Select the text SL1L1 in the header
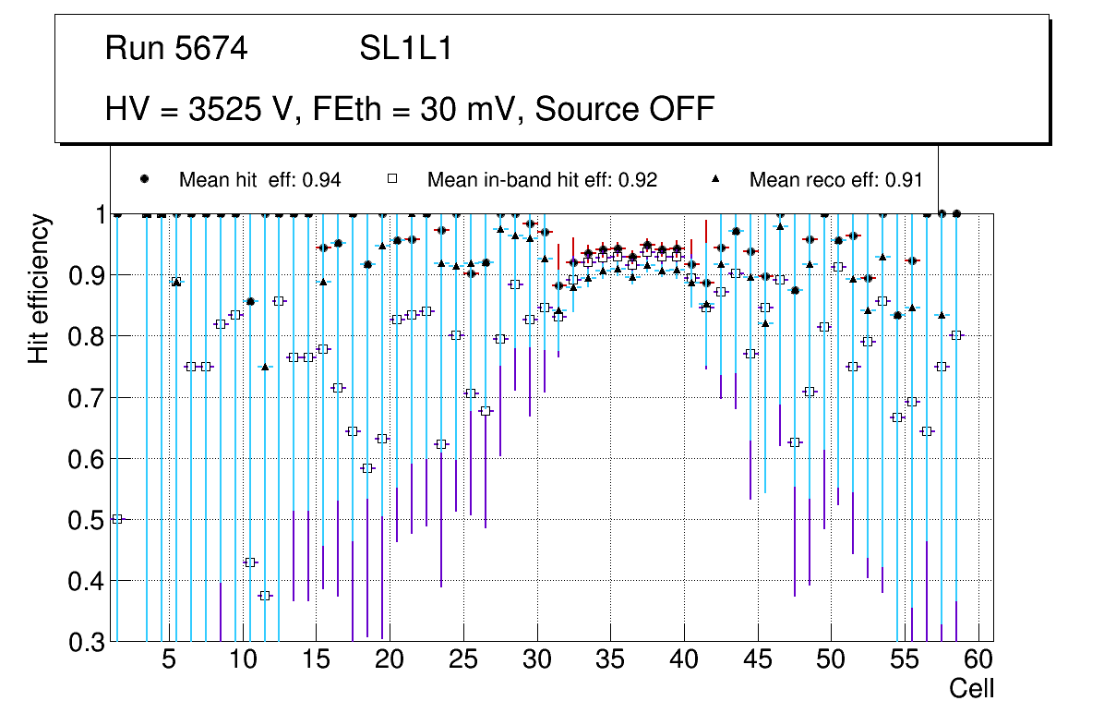(405, 49)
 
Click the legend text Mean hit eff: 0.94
(259, 180)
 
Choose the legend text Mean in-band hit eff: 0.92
(542, 180)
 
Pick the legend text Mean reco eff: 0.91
(835, 180)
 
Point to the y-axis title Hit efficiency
(39, 289)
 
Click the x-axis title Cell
(972, 689)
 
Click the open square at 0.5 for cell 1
(117, 519)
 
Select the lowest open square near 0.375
(265, 596)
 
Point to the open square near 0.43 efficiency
(250, 562)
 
